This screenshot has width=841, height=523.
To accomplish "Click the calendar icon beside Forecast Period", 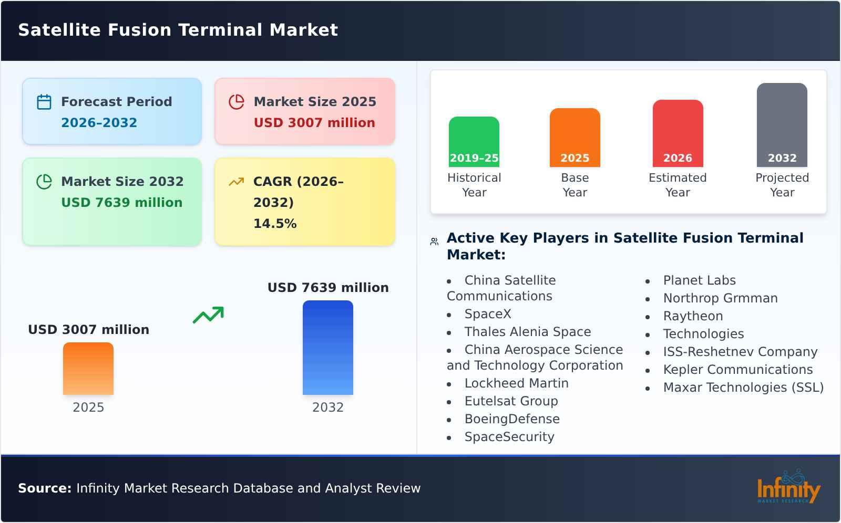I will [x=44, y=102].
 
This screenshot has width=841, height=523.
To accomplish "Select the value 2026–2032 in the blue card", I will [x=99, y=123].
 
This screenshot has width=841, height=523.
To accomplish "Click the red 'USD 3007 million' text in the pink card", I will [x=314, y=123].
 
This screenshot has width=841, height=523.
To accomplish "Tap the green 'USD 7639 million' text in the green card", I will [x=121, y=203].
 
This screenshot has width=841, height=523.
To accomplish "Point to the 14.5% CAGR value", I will [x=275, y=224].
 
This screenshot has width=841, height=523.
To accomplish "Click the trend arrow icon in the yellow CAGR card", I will [x=236, y=182].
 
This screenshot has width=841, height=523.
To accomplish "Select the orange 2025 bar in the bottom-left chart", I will [x=88, y=369].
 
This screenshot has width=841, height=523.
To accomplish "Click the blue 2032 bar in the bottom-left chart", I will [x=327, y=348].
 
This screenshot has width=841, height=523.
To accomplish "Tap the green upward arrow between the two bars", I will [x=208, y=315].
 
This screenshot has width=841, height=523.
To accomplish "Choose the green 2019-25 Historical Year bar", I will [x=474, y=142].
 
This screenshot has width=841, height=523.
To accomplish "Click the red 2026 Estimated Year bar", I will [x=678, y=133].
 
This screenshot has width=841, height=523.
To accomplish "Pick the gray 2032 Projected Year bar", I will [x=782, y=125].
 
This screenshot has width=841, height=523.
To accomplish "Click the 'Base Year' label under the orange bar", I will [x=575, y=185].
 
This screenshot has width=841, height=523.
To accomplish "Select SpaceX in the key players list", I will [x=487, y=314].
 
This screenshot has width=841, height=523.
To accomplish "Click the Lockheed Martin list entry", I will [x=516, y=383].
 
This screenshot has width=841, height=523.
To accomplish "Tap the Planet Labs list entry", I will [x=699, y=280].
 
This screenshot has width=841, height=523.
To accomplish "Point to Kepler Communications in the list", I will [x=737, y=370].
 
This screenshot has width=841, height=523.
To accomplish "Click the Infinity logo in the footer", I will [x=788, y=487].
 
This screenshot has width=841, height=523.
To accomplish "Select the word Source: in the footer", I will [x=45, y=488].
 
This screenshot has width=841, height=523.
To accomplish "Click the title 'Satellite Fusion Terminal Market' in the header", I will [x=178, y=30].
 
